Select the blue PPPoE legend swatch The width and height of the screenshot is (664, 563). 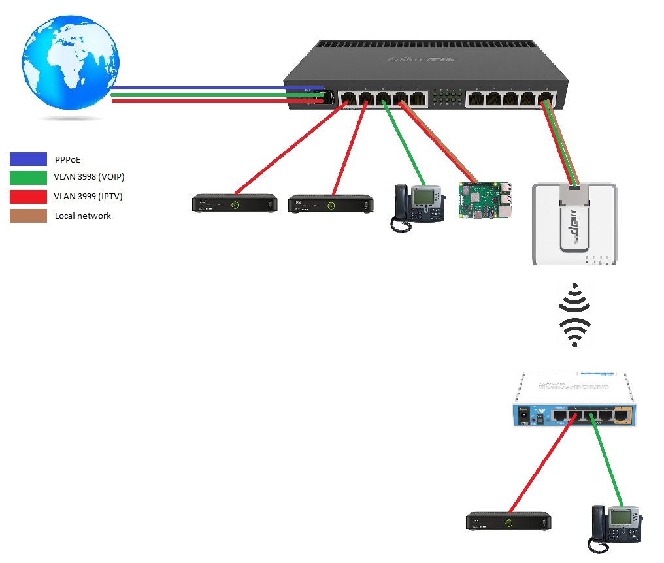point(28,159)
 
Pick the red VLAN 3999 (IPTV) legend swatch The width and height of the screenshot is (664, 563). point(28,197)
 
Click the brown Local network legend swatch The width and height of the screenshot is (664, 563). point(28,216)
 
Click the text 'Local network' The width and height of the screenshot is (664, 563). point(83,216)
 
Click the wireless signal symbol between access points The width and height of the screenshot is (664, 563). point(574,315)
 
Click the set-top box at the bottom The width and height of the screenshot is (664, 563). point(508,522)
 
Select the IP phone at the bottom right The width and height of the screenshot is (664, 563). point(617,528)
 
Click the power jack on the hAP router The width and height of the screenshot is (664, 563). point(523,414)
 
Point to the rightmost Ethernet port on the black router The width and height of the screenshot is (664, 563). point(546,99)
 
